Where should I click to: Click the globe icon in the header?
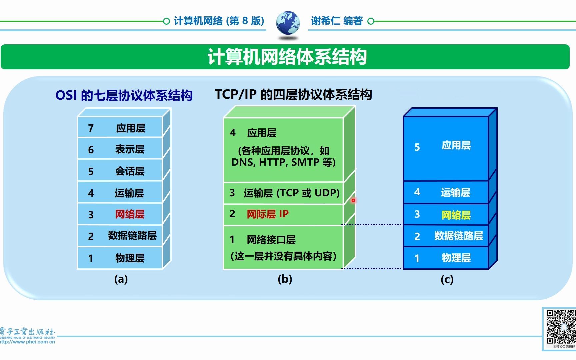pos(288,22)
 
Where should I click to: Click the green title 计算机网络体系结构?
pos(287,57)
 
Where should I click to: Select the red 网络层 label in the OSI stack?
pos(130,214)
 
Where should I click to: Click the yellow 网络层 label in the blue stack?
pos(456,215)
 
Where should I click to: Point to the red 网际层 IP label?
pos(267,214)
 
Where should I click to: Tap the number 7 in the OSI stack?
pos(91,128)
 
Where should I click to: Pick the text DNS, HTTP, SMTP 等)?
pos(283,162)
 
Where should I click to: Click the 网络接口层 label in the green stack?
pos(271,240)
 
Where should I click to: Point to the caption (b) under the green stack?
pos(285,279)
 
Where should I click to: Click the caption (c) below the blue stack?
pos(447,279)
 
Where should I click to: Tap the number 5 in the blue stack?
pos(417,147)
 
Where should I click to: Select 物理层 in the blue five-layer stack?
pos(456,258)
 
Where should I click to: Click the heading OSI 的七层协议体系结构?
pos(124,96)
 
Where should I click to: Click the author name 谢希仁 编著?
pos(336,21)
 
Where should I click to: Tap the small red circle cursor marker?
pos(353,200)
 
